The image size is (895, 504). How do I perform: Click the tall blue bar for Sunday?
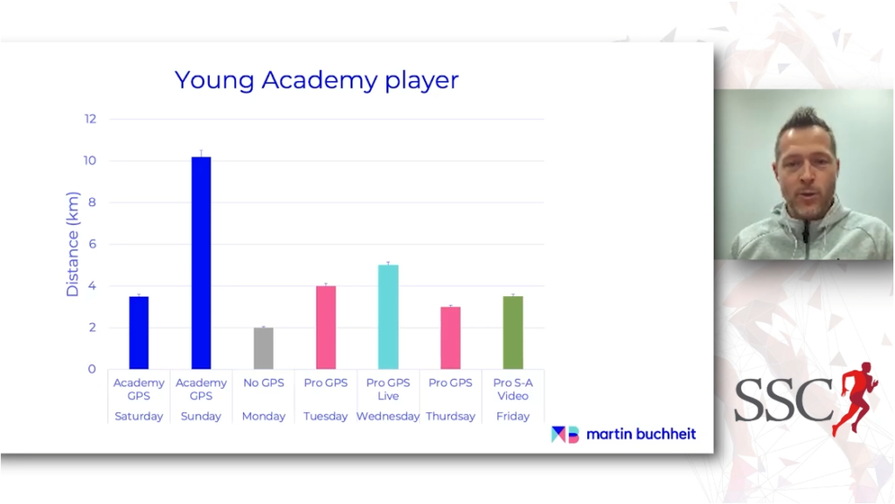click(x=201, y=263)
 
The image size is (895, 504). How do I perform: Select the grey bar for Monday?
click(x=263, y=349)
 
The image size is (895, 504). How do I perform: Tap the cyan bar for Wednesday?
click(x=388, y=317)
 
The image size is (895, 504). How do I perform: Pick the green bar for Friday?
click(x=512, y=333)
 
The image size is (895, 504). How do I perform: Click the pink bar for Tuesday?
click(x=326, y=328)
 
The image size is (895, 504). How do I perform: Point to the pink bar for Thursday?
click(x=450, y=338)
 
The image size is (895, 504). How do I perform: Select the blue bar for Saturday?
click(x=139, y=333)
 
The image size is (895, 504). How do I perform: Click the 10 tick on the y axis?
click(x=90, y=161)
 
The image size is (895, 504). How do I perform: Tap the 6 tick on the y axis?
click(x=92, y=244)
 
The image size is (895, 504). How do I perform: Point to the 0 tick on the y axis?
click(x=92, y=369)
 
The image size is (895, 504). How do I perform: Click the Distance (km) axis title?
click(x=73, y=244)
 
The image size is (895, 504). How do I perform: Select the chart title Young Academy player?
click(x=316, y=79)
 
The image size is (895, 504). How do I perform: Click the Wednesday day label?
click(x=388, y=416)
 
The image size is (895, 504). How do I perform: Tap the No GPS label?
click(x=263, y=383)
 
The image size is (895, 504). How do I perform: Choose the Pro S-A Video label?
click(x=512, y=390)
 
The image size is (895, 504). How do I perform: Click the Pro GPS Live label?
click(x=388, y=390)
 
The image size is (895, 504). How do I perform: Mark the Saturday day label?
click(x=139, y=416)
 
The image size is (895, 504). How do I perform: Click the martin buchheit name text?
click(x=641, y=434)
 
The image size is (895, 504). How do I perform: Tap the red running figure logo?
click(x=855, y=398)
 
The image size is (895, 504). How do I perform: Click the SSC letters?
click(x=783, y=400)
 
